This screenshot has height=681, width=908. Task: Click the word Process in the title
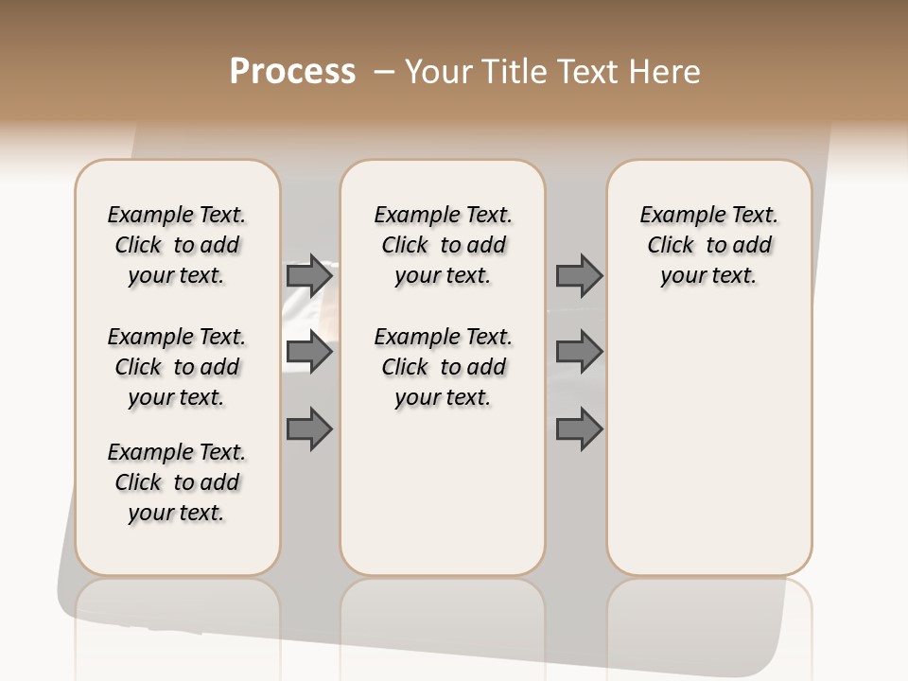pos(292,72)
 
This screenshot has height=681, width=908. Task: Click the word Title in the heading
pos(512,72)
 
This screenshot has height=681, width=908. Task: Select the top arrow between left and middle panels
pos(309,276)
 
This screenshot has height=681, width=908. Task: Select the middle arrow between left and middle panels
pos(309,353)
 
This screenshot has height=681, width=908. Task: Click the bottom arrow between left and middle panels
pos(309,428)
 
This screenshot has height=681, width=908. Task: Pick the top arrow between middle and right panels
pos(579,276)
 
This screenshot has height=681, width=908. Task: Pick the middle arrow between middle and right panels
pos(579,353)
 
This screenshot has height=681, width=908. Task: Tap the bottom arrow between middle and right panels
pos(579,428)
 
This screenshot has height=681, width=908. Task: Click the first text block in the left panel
pos(177,245)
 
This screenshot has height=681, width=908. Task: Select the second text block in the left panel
pos(177,367)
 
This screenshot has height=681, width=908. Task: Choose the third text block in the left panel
pos(177,482)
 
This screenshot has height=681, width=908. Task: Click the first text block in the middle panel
pos(444,245)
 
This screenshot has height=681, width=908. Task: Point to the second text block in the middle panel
pos(444,367)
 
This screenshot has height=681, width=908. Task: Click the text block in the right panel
pos(709,245)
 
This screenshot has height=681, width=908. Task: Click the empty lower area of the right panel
pos(709,445)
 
